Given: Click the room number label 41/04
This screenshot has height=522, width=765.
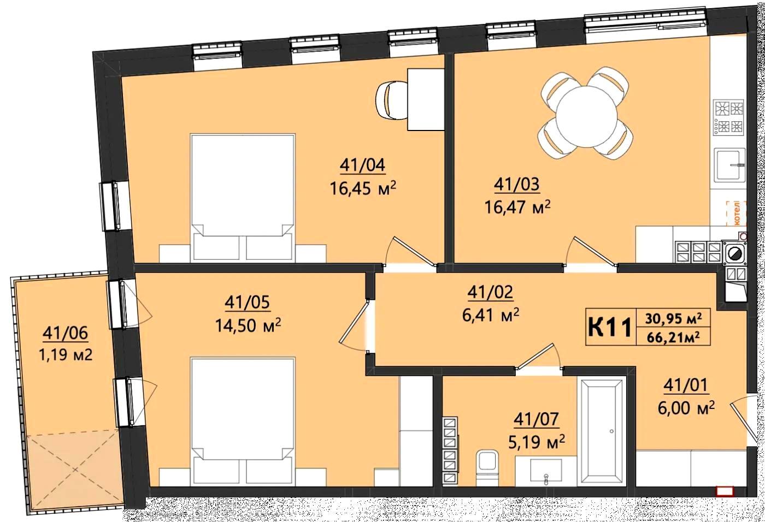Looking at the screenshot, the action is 362,165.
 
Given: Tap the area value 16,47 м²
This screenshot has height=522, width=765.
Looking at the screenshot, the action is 517,207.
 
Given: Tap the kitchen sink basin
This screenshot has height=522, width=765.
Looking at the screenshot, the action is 731,169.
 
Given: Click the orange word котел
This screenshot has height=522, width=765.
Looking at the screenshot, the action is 737,213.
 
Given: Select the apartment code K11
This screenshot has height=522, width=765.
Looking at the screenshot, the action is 610,328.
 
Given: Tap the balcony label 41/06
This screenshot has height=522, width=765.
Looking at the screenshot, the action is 65,333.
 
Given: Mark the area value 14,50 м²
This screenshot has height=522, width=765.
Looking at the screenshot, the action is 248,325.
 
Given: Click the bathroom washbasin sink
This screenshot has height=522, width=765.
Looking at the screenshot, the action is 546,471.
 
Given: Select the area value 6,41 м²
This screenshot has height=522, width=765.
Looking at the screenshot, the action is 491,315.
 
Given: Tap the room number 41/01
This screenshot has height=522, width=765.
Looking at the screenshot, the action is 685,386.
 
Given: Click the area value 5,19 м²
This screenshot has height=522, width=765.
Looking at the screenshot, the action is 537,442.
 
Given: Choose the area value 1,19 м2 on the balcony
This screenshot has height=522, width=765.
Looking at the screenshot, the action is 66,355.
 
